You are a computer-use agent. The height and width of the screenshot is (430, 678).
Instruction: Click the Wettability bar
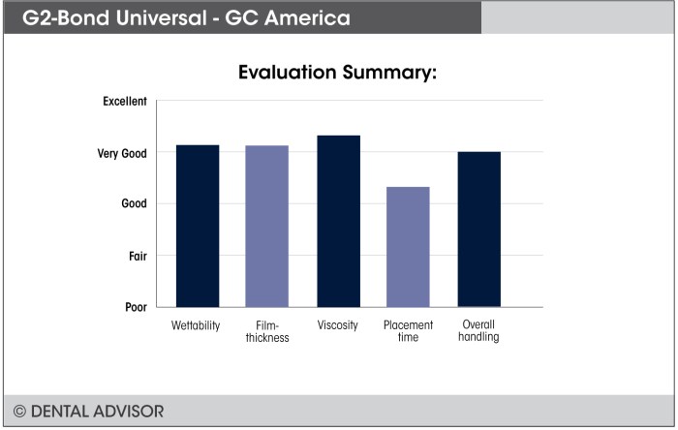coord(197,226)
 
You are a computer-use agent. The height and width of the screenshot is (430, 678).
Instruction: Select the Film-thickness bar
coord(266,226)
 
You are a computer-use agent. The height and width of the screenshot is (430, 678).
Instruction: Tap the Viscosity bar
coord(338,221)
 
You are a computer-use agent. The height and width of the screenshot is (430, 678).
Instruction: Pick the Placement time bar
coord(408,247)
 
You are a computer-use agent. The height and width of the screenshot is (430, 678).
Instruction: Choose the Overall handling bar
coord(478,229)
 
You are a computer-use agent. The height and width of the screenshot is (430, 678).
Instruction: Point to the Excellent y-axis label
coord(124,101)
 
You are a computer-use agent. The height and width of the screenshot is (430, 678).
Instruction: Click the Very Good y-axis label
coord(122,153)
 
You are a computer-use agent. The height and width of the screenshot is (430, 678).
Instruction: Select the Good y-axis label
coord(134,204)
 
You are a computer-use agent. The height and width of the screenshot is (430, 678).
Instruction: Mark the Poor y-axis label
coord(136,307)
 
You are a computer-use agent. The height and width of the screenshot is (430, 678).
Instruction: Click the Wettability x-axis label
coord(196,324)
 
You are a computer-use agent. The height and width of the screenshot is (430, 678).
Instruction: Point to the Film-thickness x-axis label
coord(266,331)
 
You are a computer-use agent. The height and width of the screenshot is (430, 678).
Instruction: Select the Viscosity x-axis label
coord(338,324)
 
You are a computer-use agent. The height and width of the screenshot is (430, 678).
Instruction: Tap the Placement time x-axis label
coord(408,331)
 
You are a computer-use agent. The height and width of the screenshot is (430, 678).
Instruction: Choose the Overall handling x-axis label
coord(479,330)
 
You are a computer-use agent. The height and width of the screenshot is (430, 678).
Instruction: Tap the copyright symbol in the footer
coord(19,411)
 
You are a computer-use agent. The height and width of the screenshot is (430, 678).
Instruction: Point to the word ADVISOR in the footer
coord(131,411)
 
